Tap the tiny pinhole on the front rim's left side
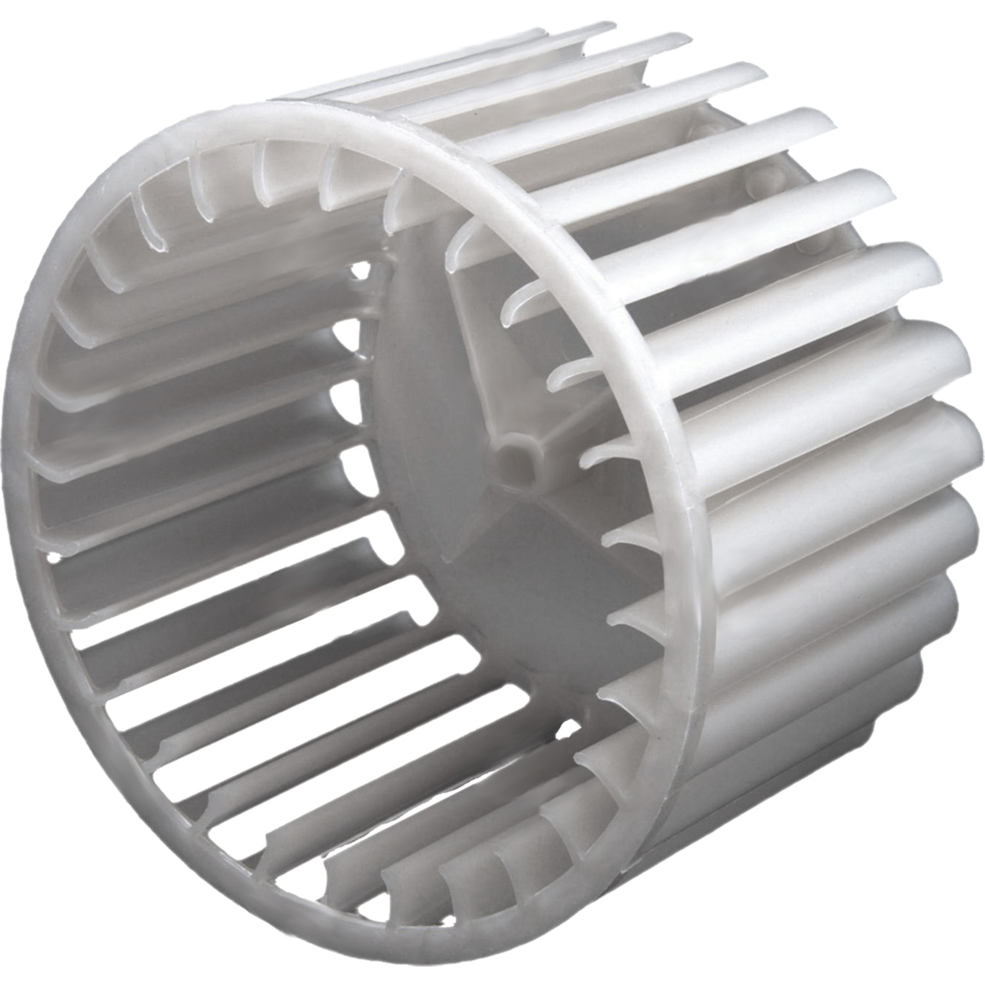pyautogui.click(x=54, y=557)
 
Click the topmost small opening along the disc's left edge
pyautogui.click(x=359, y=269)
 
